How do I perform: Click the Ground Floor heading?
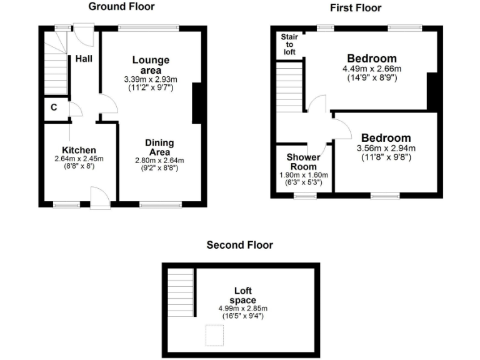tap(121, 7)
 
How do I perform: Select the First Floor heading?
tap(356, 7)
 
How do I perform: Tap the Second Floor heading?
tap(239, 245)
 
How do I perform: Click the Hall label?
tap(84, 59)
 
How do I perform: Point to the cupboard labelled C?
tap(54, 107)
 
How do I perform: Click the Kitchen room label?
tap(79, 150)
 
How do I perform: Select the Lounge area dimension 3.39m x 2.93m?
tap(150, 79)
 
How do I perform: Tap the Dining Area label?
tap(159, 147)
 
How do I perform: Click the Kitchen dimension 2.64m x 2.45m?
tap(79, 159)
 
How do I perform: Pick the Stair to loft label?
tap(289, 44)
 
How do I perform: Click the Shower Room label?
tap(303, 162)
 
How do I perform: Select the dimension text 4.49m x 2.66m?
tap(372, 69)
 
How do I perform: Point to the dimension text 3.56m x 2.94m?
tap(386, 148)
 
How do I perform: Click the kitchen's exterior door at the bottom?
tap(100, 198)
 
